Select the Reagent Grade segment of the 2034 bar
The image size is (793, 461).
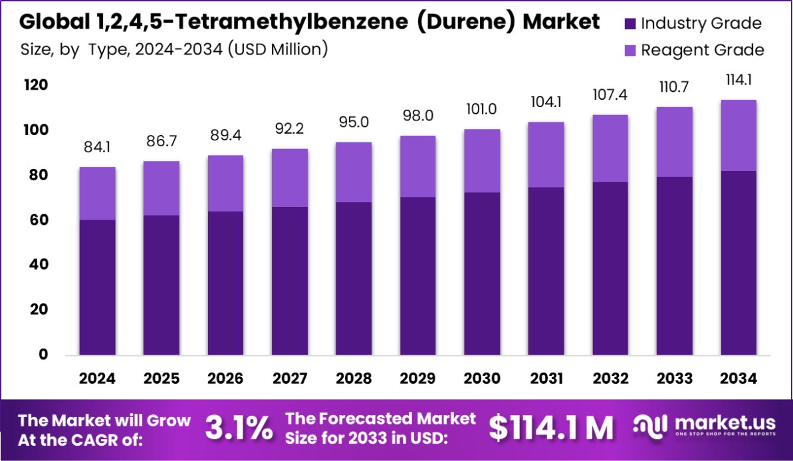(738, 135)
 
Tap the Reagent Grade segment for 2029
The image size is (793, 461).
(417, 166)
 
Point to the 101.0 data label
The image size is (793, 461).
(482, 109)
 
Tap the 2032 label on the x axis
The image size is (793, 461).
(610, 379)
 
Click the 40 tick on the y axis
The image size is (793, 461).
(38, 265)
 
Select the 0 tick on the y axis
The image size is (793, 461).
(43, 355)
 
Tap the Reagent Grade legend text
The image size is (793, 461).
(702, 50)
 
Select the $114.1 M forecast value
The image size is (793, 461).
(551, 428)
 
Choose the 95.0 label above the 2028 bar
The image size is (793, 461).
(354, 122)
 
